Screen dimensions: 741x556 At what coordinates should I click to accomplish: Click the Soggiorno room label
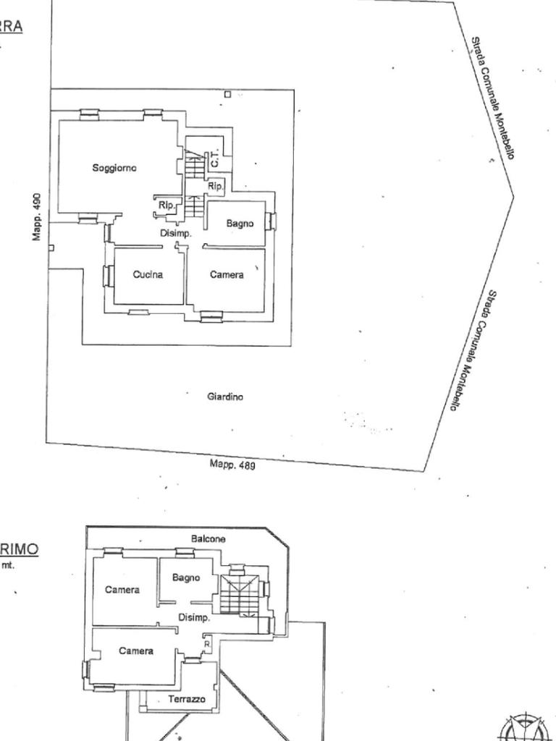[114, 168]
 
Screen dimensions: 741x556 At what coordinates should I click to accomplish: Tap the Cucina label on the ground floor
[148, 274]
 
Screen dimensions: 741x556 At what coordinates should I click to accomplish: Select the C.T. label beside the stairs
[215, 160]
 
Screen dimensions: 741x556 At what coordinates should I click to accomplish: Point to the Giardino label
[225, 397]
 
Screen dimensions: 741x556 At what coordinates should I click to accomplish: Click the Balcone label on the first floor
[208, 539]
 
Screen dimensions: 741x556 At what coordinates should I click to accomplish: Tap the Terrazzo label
[186, 699]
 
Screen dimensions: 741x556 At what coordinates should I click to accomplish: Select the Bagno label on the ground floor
[240, 224]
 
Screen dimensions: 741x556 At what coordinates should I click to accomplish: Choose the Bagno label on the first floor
[186, 577]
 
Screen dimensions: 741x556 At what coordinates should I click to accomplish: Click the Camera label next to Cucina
[227, 274]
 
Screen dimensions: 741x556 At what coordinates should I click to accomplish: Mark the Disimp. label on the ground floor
[175, 234]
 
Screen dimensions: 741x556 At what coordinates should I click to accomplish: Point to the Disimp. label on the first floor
[194, 618]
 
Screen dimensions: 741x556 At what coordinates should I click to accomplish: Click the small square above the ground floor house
[227, 94]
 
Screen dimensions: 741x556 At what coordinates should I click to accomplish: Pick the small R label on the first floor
[207, 643]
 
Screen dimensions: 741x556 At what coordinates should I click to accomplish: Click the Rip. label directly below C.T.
[215, 187]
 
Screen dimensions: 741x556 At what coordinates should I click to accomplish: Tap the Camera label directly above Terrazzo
[136, 651]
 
